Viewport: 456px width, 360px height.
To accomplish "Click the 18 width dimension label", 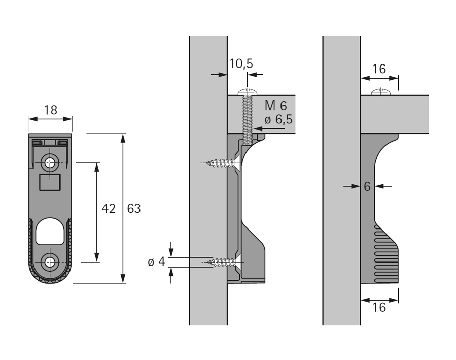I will click(50, 110).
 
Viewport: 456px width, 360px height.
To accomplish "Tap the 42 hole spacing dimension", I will click(109, 208).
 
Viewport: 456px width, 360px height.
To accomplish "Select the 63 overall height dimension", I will click(134, 208).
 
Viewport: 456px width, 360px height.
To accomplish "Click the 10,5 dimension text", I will click(241, 63).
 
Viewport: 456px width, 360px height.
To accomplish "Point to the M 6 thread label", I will click(276, 106).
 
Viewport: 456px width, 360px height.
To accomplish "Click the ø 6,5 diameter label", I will click(278, 120).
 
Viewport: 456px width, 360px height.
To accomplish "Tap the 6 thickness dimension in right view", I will click(367, 187).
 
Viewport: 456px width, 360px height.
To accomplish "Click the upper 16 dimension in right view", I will click(379, 69).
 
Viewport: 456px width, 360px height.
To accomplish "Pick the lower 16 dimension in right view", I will click(379, 307).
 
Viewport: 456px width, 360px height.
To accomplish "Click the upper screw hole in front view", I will click(50, 163).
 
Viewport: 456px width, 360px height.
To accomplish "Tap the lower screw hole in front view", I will click(50, 262).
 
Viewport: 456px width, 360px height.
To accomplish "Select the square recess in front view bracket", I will click(50, 181).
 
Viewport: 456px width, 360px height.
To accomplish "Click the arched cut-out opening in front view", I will click(50, 231).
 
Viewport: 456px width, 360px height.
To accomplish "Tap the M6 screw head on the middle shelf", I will click(247, 92).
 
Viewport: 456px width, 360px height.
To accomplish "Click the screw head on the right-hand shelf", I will click(380, 92).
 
